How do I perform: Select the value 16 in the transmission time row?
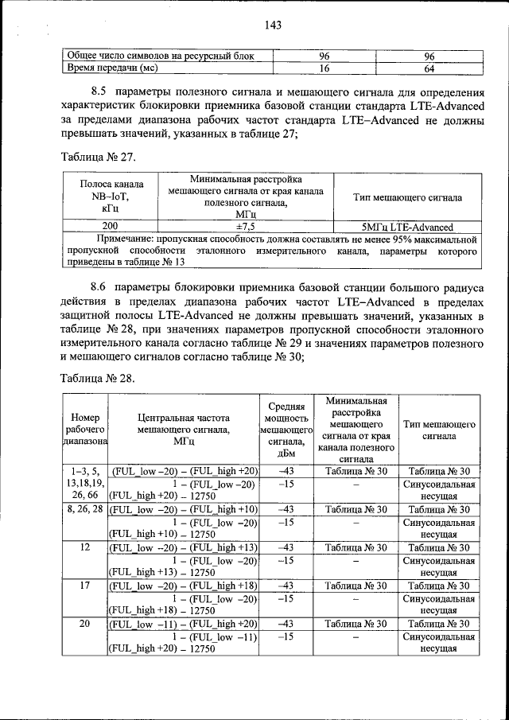pyautogui.click(x=324, y=68)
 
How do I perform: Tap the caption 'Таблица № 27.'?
pyautogui.click(x=96, y=158)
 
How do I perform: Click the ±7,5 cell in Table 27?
pyautogui.click(x=245, y=227)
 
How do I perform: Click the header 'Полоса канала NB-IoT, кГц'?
pyautogui.click(x=110, y=197)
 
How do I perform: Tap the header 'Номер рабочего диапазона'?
pyautogui.click(x=84, y=430)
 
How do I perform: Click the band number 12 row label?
pyautogui.click(x=84, y=547)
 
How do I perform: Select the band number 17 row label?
pyautogui.click(x=84, y=586)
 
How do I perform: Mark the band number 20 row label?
pyautogui.click(x=84, y=624)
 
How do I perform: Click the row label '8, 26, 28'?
pyautogui.click(x=84, y=509)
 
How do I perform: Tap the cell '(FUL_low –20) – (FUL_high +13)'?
pyautogui.click(x=184, y=547)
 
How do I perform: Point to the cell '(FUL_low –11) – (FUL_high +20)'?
pyautogui.click(x=184, y=624)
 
